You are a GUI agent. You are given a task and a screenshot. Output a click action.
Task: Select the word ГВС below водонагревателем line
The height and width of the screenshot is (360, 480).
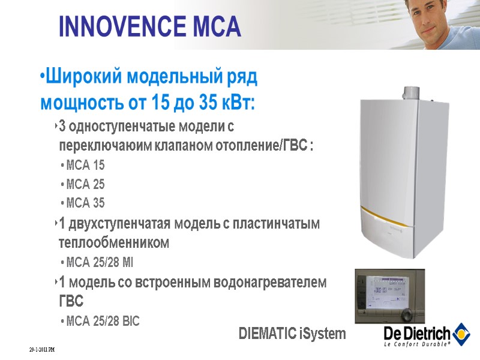71,300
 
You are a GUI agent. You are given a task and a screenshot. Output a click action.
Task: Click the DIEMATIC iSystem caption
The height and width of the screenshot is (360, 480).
292,334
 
